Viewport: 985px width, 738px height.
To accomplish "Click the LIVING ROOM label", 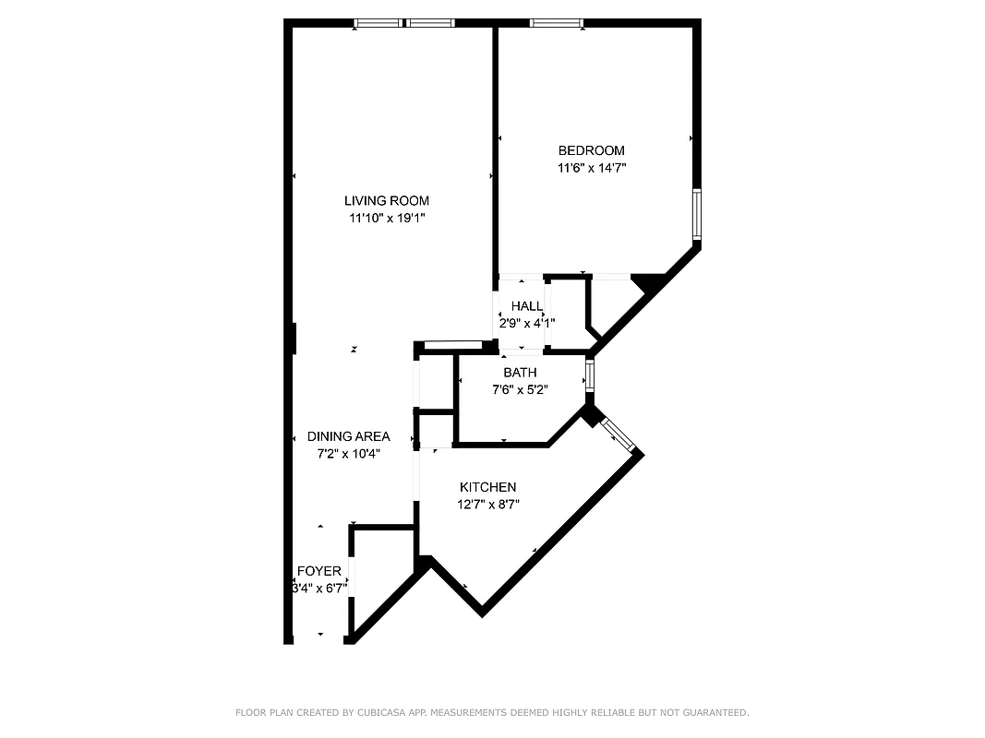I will tap(386, 201).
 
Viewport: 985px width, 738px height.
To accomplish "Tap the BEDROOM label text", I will tap(591, 150).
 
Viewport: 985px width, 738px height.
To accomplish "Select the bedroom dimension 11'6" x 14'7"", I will tap(591, 168).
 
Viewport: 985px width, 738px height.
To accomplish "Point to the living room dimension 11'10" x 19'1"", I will tap(386, 219).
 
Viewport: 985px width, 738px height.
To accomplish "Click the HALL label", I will tap(527, 306).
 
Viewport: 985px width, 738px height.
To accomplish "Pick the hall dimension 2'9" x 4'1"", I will tap(527, 324).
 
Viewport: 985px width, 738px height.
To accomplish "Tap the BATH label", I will tap(520, 373).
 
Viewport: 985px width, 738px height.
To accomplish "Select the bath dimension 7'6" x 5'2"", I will tap(520, 389).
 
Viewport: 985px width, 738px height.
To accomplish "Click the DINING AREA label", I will tap(348, 436).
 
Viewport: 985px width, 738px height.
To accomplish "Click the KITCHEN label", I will tap(487, 487).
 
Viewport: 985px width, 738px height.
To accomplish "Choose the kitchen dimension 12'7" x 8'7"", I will tap(487, 505).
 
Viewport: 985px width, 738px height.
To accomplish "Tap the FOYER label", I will tap(318, 571).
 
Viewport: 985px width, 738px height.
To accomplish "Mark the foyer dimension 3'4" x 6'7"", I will tap(318, 589).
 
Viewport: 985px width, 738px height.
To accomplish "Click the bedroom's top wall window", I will tap(557, 23).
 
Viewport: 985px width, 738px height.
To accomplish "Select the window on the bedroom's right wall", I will tap(696, 214).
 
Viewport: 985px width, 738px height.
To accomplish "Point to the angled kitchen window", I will tap(618, 434).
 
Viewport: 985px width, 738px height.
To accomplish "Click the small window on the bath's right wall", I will tap(589, 374).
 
